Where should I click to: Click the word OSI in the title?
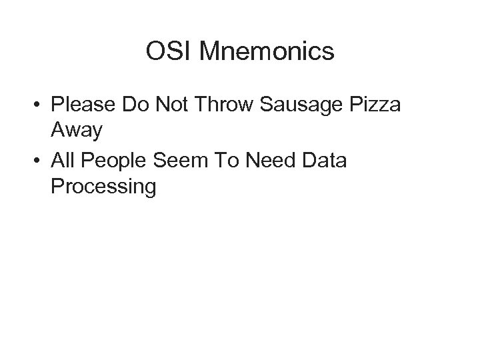pyautogui.click(x=167, y=51)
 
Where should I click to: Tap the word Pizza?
pyautogui.click(x=373, y=106)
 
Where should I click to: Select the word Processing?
pyautogui.click(x=103, y=187)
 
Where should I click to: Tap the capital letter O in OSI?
pyautogui.click(x=155, y=51)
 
